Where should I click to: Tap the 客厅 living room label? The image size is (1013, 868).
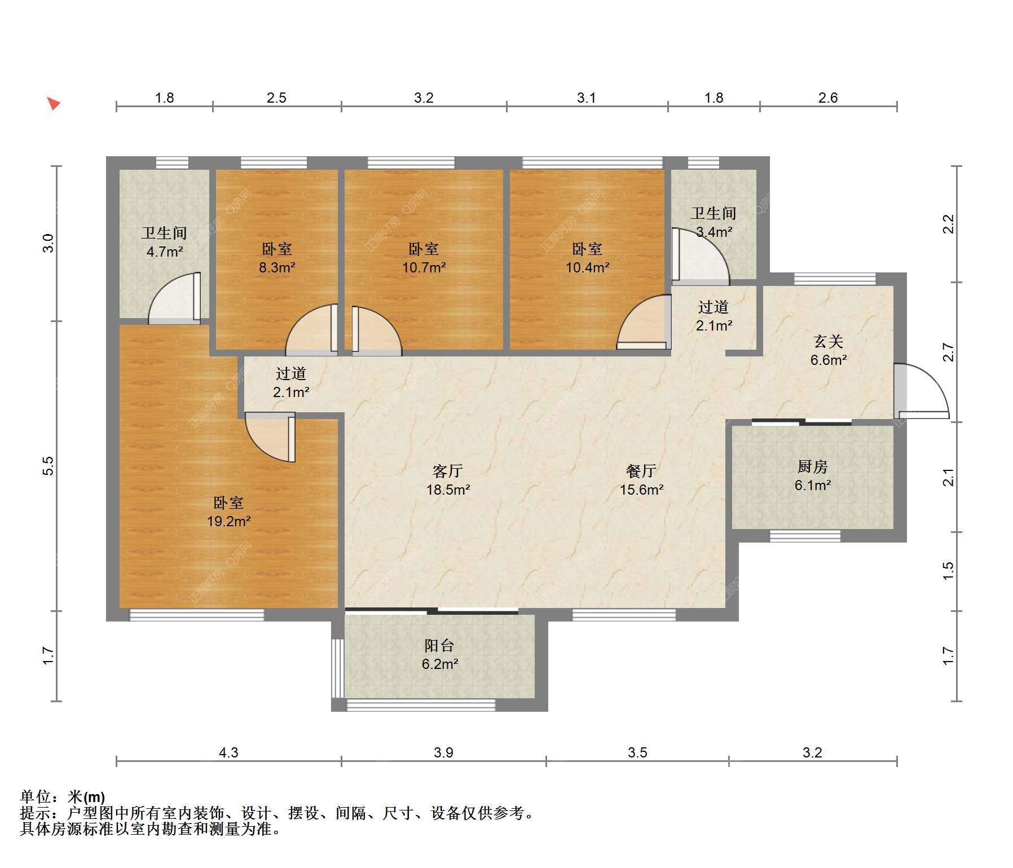(448, 470)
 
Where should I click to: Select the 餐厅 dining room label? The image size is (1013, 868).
(641, 470)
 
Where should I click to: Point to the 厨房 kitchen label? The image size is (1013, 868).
(813, 466)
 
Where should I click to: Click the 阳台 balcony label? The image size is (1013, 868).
(439, 645)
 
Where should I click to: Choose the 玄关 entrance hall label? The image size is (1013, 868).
(829, 341)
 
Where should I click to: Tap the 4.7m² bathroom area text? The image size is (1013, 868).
(165, 252)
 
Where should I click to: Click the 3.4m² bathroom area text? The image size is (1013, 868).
(714, 232)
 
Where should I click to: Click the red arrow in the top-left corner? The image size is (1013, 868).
(54, 104)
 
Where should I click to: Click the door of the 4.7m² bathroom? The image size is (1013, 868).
(174, 298)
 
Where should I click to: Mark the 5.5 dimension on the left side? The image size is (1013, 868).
(49, 465)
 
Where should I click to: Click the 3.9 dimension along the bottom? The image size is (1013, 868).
(444, 752)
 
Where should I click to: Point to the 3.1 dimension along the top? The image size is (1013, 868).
(587, 98)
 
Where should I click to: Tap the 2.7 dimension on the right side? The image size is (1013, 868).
(949, 352)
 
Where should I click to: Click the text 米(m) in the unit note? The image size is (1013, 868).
(86, 797)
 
